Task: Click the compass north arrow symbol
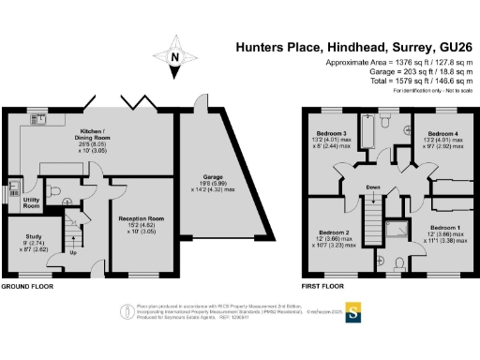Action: [x=173, y=56]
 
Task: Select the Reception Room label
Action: [x=141, y=218]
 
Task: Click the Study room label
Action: [x=21, y=238]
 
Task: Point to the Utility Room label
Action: [x=32, y=202]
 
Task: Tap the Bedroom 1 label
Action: [x=445, y=227]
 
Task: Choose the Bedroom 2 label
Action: [x=334, y=232]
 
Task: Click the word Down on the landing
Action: [x=373, y=187]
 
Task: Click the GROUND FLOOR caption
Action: [x=29, y=286]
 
